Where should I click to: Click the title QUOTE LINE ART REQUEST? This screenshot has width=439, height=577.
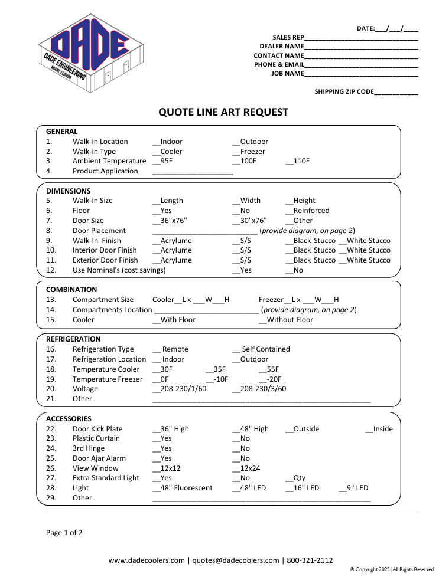[223, 112]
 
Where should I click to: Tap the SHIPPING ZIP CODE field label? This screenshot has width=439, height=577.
[344, 92]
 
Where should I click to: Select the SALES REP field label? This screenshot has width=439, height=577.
[288, 37]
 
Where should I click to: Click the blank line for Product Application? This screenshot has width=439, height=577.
[193, 172]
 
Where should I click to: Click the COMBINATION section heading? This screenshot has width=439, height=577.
[71, 290]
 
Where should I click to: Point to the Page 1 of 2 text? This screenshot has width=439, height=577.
[64, 533]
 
